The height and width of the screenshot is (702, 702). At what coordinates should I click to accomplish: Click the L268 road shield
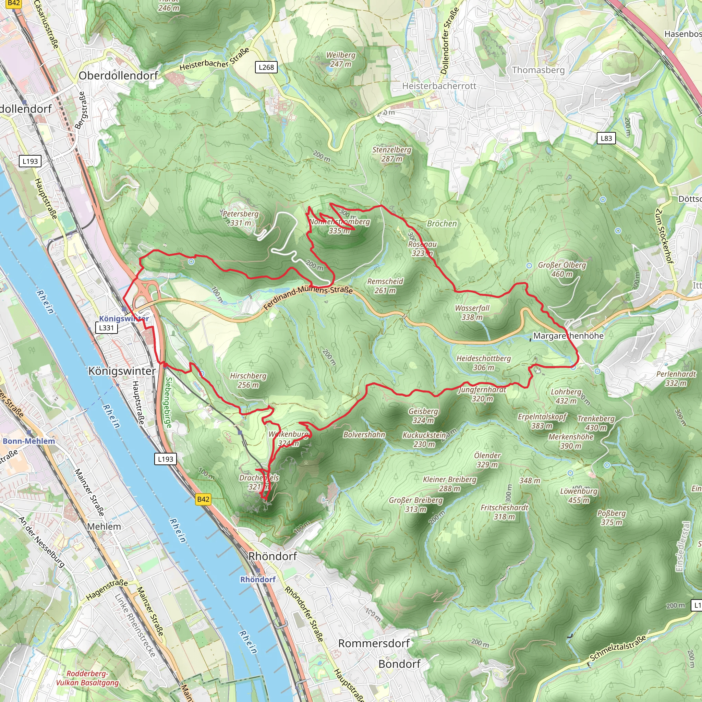tap(266, 67)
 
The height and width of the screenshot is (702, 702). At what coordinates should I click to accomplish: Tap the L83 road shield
tap(606, 138)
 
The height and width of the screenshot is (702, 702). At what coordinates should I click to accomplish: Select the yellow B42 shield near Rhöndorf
tap(203, 499)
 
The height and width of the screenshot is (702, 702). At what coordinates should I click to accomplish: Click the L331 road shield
tap(107, 328)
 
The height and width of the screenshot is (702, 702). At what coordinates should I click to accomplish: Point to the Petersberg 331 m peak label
tap(240, 218)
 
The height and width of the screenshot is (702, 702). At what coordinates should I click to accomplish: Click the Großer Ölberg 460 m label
tap(562, 269)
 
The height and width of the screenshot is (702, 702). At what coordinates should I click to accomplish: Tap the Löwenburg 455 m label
tap(579, 496)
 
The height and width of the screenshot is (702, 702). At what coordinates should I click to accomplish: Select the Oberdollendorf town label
tap(119, 75)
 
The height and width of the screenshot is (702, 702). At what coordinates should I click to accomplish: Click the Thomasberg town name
tap(538, 70)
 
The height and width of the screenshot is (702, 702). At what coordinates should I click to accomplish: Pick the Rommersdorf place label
tap(374, 643)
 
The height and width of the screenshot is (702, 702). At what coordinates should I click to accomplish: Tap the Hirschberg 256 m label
tap(248, 380)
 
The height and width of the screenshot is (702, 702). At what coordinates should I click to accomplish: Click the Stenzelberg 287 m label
tap(392, 154)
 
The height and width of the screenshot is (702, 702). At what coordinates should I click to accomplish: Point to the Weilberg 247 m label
tap(340, 60)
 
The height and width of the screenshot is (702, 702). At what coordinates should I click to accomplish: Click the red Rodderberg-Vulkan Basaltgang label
tap(87, 678)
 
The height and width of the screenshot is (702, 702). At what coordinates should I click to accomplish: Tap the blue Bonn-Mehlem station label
tap(29, 441)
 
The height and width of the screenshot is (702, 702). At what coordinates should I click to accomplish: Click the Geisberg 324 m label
tap(423, 416)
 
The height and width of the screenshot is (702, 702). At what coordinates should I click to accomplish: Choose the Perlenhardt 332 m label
tap(676, 378)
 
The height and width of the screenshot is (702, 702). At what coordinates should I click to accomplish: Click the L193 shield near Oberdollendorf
tap(30, 161)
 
